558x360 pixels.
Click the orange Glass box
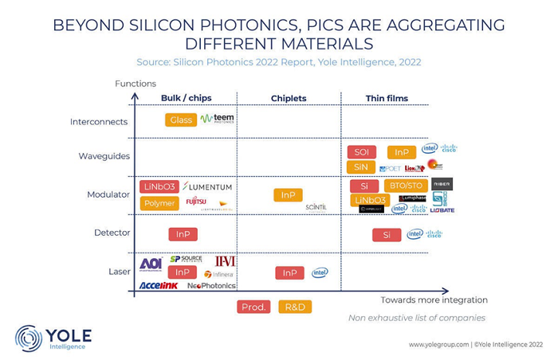pos(181,119)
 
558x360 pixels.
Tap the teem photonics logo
pos(217,119)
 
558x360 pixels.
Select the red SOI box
pos(361,152)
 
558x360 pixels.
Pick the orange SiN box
pos(361,167)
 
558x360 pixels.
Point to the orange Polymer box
pos(159,203)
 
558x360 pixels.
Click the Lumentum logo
pos(207,186)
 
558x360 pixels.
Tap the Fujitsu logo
pos(196,202)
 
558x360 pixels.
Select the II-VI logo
pos(225,261)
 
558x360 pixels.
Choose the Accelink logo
pos(158,285)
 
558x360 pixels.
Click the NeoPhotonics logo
pos(211,285)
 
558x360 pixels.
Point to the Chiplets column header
pos(289,99)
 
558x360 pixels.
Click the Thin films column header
pos(387,99)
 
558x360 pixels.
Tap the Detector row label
pos(112,233)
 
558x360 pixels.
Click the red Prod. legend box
pos(253,307)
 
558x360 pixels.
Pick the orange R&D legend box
pos(295,307)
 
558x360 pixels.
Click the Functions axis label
pos(136,84)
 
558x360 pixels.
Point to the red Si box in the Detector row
pos(387,234)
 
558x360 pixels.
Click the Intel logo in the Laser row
pos(320,272)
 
